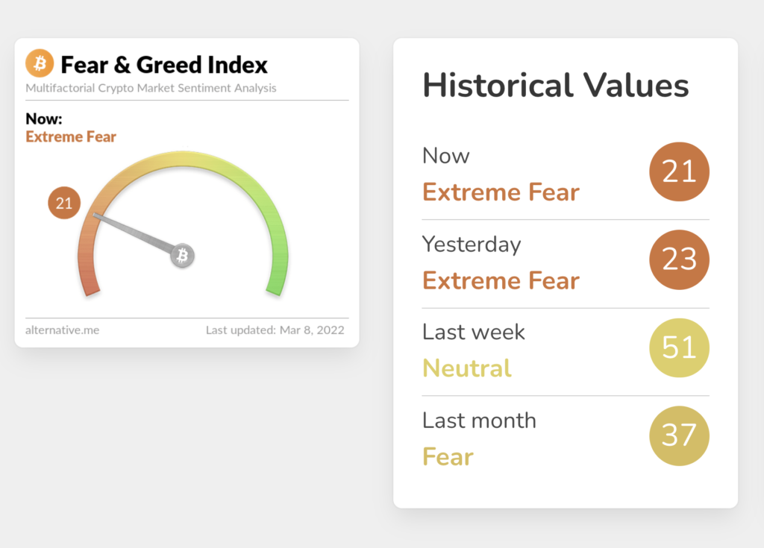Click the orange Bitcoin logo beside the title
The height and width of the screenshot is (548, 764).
[40, 63]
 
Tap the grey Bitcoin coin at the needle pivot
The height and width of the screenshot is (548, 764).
[182, 255]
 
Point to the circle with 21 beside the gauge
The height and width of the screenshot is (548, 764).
[64, 203]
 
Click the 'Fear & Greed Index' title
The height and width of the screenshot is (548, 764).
[164, 65]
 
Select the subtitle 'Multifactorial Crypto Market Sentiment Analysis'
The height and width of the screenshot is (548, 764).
[151, 88]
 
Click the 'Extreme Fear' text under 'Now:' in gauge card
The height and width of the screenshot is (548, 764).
[71, 137]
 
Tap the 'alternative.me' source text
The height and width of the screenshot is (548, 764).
[63, 330]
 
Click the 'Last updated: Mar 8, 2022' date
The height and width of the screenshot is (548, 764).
[275, 330]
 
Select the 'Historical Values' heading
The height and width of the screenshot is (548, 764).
[555, 85]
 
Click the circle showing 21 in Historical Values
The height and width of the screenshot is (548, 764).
[679, 171]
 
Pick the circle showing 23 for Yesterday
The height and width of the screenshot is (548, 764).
[679, 259]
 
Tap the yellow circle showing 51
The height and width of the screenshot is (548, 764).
[679, 347]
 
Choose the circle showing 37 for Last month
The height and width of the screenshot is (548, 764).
[679, 436]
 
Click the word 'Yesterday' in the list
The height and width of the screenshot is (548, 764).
[472, 245]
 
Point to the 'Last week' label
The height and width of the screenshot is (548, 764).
[474, 333]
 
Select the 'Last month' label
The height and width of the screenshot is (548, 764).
[479, 421]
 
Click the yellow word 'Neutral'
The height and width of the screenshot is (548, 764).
[467, 368]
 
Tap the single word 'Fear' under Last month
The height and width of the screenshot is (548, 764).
[448, 457]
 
